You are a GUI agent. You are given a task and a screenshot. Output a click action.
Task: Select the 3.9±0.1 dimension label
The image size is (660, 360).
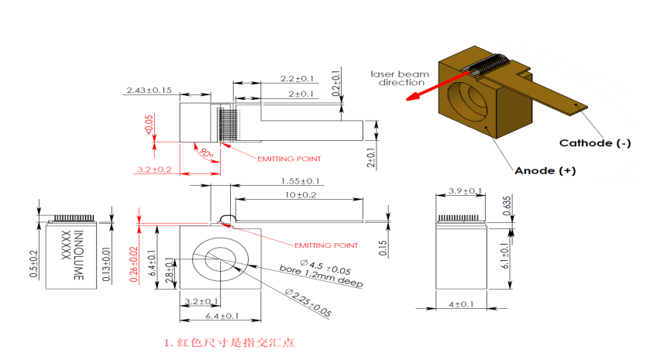click(465, 191)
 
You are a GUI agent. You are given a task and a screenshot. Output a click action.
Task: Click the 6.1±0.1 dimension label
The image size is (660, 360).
click(526, 256)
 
